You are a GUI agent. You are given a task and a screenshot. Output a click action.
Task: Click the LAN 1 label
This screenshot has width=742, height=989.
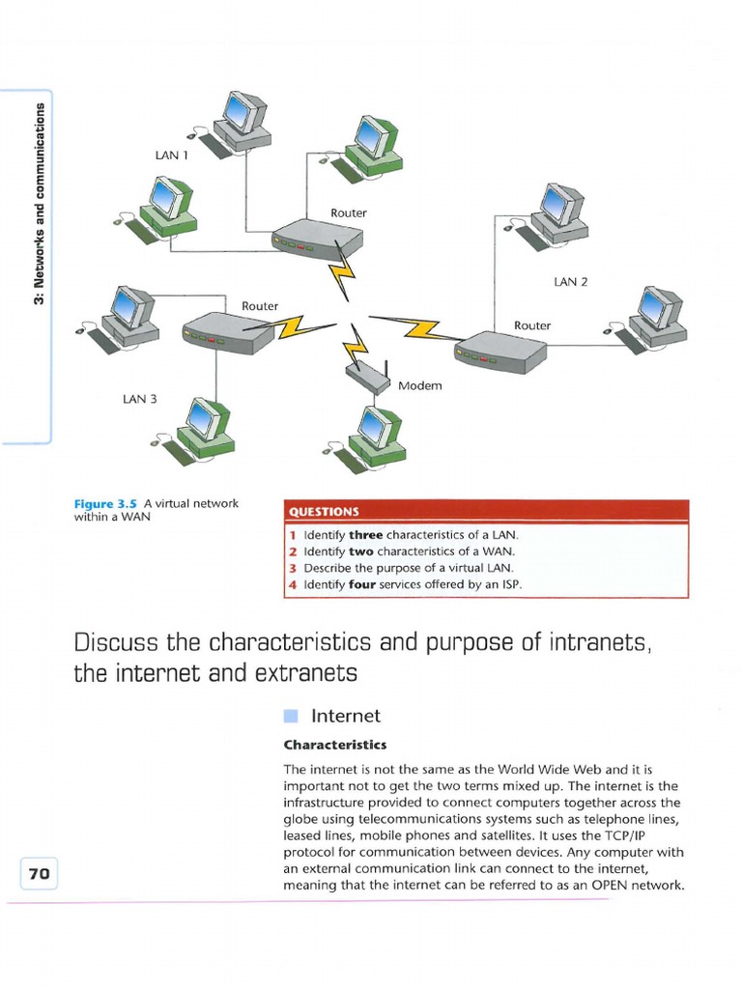[170, 154]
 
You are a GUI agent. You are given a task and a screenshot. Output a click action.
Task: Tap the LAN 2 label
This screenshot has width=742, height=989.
[570, 282]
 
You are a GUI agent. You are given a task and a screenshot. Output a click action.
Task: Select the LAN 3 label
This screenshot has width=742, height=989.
[139, 398]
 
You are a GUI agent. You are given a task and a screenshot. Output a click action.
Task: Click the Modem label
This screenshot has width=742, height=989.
[419, 385]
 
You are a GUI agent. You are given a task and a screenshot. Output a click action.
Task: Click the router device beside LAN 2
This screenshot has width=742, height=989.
[498, 352]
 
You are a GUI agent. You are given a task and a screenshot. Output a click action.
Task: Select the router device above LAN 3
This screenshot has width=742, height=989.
[221, 331]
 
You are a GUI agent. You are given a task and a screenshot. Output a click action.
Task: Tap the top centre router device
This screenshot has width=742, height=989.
[316, 237]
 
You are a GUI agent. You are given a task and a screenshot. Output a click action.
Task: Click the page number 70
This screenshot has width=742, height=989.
[39, 874]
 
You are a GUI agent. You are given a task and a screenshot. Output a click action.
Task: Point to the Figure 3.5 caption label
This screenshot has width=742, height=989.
[106, 503]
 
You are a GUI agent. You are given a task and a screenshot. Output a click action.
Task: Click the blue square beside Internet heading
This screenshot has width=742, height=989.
[291, 716]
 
